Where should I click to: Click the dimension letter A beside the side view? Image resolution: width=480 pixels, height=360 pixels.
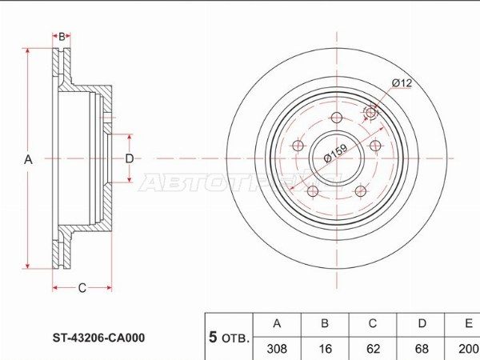pyautogui.click(x=28, y=159)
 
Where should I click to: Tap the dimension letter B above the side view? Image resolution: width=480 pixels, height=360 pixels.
pyautogui.click(x=62, y=37)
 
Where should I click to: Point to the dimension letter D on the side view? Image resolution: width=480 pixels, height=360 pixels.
pyautogui.click(x=129, y=159)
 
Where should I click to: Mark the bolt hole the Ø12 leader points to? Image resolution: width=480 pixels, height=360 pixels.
pyautogui.click(x=370, y=112)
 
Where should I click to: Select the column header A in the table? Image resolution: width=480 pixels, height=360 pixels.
pyautogui.click(x=277, y=324)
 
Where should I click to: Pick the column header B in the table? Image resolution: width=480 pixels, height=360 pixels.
pyautogui.click(x=325, y=324)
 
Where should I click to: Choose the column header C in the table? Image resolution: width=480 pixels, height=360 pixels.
pyautogui.click(x=373, y=324)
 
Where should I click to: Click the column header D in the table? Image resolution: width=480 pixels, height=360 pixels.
pyautogui.click(x=421, y=324)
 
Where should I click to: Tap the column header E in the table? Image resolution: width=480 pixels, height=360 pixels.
pyautogui.click(x=467, y=324)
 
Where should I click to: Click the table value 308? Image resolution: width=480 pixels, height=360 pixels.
pyautogui.click(x=277, y=349)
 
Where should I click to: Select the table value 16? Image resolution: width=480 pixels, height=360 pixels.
pyautogui.click(x=325, y=349)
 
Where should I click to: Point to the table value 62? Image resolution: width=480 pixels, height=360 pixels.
pyautogui.click(x=373, y=349)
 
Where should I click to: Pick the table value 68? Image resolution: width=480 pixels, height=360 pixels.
pyautogui.click(x=421, y=349)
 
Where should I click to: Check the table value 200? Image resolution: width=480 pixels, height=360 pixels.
pyautogui.click(x=467, y=349)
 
